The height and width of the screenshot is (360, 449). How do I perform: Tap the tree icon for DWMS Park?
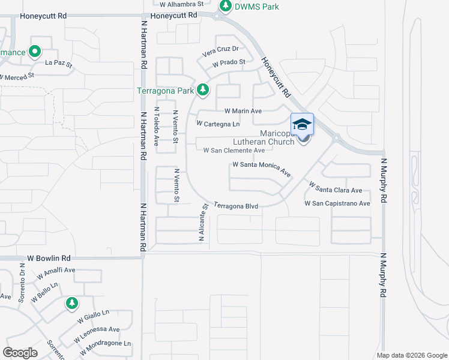tap(225, 6)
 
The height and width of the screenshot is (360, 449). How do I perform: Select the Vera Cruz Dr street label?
tap(221, 49)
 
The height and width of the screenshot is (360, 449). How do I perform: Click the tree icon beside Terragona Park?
tap(203, 90)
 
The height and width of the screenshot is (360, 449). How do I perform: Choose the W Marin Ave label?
tap(243, 111)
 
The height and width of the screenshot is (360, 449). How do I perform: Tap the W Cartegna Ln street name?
tap(218, 124)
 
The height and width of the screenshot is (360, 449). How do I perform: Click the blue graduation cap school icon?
tap(303, 124)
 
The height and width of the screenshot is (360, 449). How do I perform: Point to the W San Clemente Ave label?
tap(234, 151)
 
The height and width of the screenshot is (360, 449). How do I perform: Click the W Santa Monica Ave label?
tap(262, 168)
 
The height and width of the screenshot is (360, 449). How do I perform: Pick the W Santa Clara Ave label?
tap(336, 188)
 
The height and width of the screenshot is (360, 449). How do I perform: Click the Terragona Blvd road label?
tap(236, 206)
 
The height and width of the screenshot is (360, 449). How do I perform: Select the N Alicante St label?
tap(203, 222)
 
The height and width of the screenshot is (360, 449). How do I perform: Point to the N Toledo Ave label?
tap(156, 127)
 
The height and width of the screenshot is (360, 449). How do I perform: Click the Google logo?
tap(20, 353)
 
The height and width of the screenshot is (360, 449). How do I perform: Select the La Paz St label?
tap(58, 63)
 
